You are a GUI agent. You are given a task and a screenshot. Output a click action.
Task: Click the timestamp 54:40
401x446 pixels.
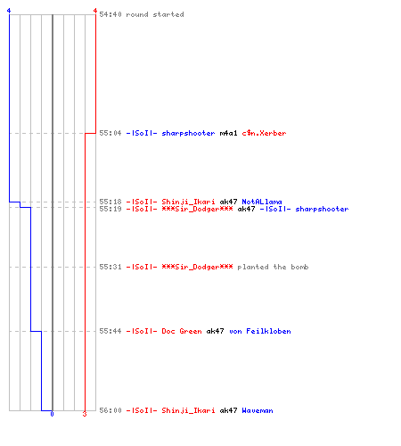point(110,14)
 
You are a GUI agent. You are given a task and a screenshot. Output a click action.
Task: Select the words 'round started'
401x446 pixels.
point(155,14)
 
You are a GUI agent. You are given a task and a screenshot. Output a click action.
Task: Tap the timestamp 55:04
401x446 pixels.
point(110,133)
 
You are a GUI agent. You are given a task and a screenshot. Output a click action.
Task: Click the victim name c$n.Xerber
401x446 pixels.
point(264,133)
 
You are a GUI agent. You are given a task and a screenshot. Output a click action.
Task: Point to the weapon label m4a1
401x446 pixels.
point(228,133)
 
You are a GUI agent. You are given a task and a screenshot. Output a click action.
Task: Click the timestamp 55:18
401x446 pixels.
point(110,202)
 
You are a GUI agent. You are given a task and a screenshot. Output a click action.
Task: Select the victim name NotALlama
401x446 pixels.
point(262,202)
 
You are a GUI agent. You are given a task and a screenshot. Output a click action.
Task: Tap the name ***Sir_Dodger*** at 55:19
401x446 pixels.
point(197,209)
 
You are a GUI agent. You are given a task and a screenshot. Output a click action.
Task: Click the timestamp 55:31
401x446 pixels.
point(110,267)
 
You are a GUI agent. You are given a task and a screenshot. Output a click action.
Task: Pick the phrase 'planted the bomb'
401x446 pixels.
point(273,267)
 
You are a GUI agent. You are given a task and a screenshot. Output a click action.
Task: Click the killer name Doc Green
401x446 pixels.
point(182,331)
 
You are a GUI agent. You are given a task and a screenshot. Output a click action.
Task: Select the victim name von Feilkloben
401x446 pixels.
point(260,331)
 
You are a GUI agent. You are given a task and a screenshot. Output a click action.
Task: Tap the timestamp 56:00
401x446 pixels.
point(110,410)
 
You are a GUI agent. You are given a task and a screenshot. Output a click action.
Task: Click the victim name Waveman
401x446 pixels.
point(258,410)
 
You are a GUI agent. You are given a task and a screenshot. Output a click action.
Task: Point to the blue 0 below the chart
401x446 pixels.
point(52,414)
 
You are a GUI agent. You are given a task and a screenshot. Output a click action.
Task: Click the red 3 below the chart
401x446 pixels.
point(85,414)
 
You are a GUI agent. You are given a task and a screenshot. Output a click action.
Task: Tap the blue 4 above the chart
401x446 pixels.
point(9,11)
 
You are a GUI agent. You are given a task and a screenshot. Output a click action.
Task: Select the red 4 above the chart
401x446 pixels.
point(95,11)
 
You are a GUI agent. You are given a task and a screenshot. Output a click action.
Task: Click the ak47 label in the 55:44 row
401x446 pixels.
point(215,331)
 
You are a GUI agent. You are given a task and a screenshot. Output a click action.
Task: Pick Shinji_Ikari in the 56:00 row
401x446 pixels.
point(188,410)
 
